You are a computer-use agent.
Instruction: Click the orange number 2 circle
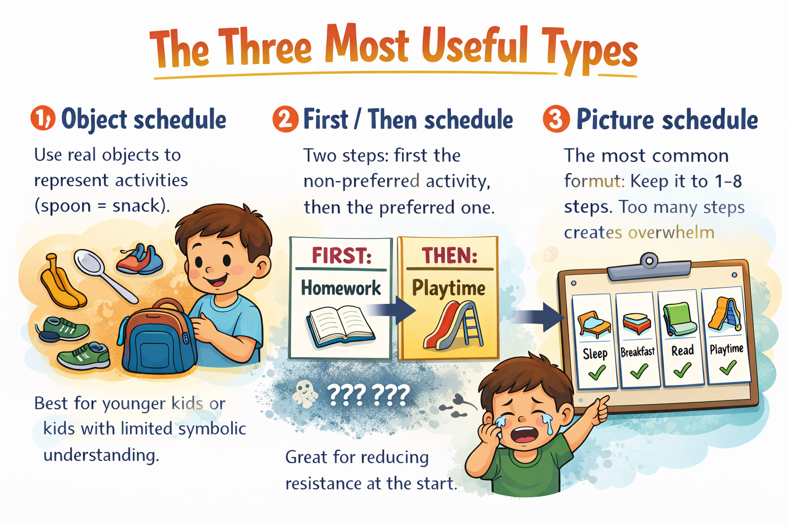tap(285, 119)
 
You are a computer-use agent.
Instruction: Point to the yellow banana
tap(61, 282)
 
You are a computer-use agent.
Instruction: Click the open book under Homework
tap(340, 326)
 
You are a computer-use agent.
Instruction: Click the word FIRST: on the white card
tap(342, 255)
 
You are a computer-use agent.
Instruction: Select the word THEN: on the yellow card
tap(450, 255)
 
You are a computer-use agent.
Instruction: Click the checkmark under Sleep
tap(597, 372)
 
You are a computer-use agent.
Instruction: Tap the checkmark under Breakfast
tap(639, 371)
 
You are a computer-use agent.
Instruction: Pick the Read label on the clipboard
tap(682, 351)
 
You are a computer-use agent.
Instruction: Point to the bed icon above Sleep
tap(594, 324)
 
